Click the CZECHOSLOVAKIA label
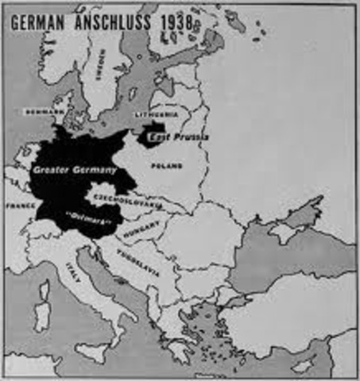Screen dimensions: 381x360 127,198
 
